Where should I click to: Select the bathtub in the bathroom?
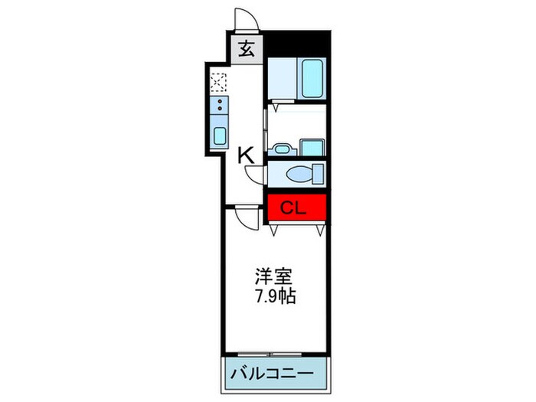[x=312, y=77]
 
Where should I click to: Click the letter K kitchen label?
[x=245, y=155]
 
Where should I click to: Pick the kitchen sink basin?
[x=219, y=136]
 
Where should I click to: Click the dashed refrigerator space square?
[x=219, y=80]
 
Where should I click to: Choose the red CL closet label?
[x=289, y=206]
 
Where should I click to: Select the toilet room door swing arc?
[x=256, y=174]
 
